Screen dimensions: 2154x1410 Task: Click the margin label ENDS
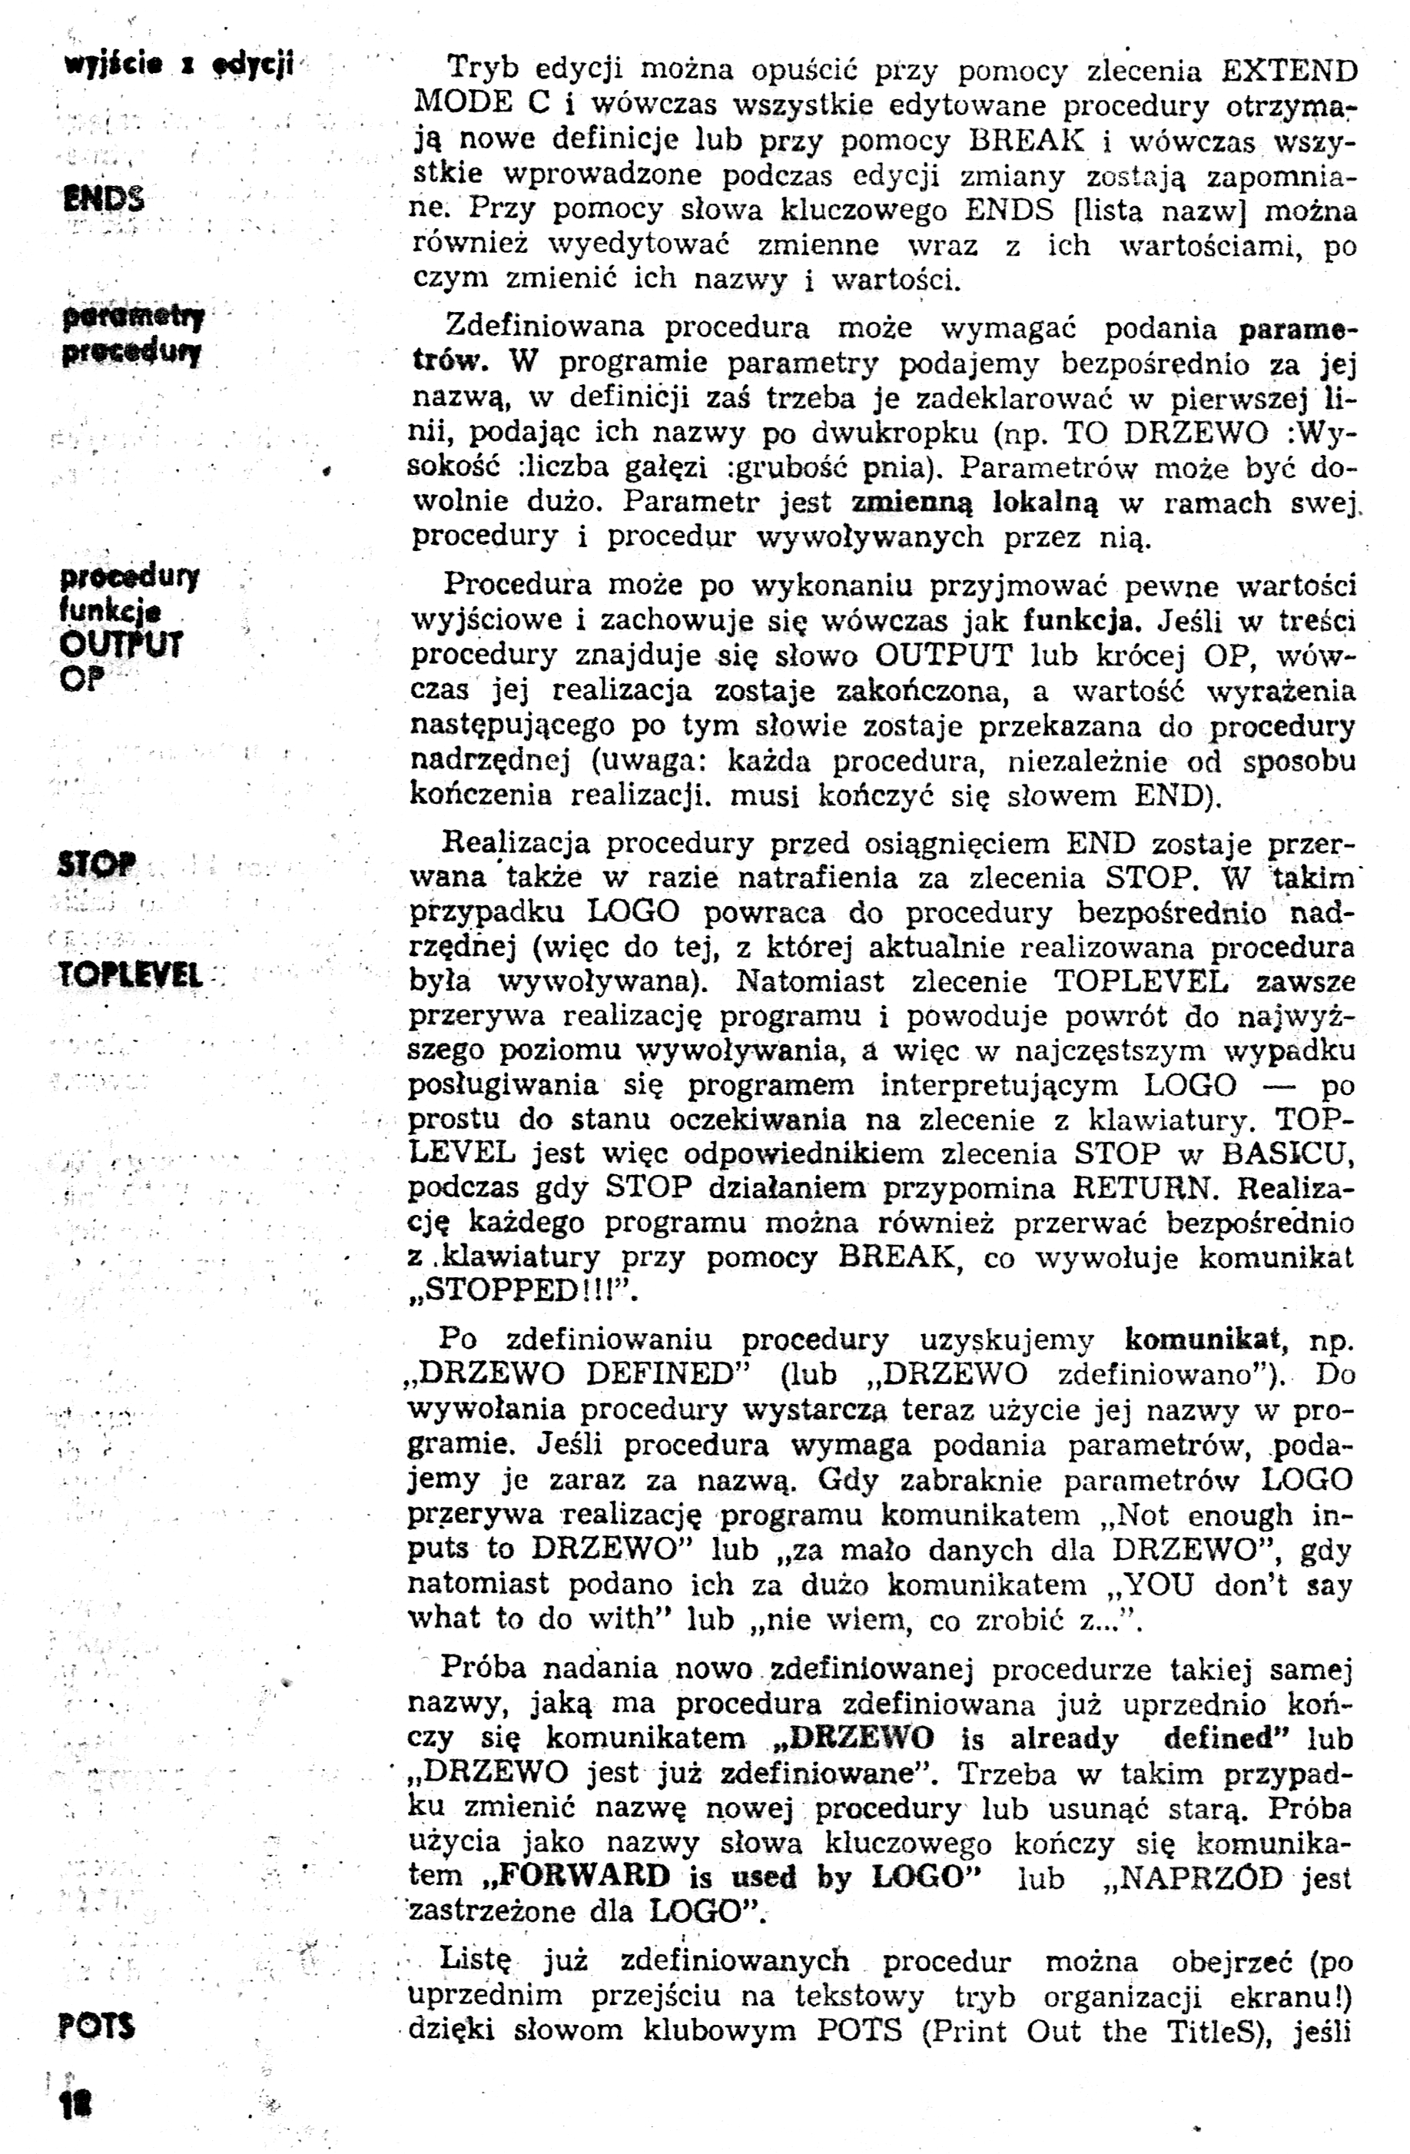point(103,198)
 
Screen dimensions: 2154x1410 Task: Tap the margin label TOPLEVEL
point(129,974)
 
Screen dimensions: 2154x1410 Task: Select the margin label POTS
point(96,2026)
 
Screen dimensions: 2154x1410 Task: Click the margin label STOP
point(96,865)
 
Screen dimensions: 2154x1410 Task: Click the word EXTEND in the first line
point(1289,70)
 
